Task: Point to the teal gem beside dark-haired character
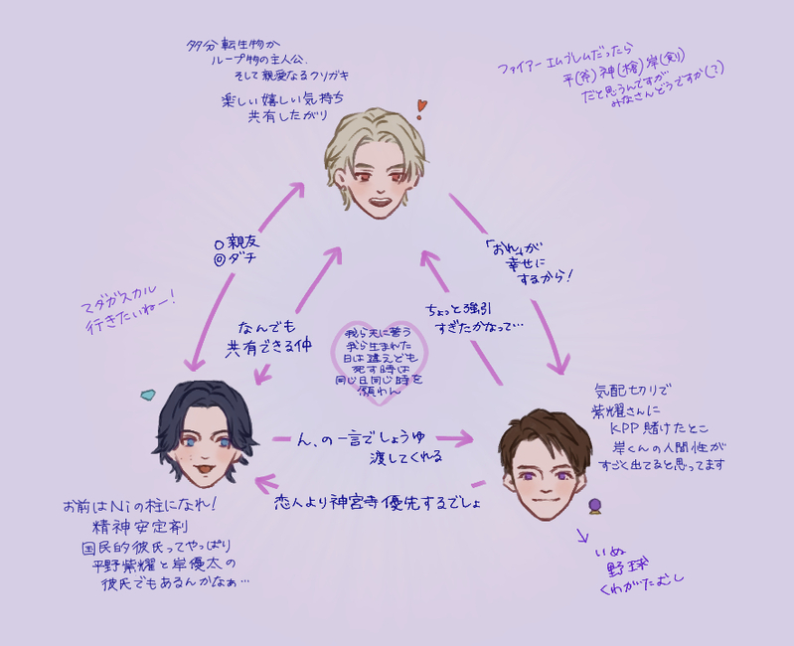point(148,395)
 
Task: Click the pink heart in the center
point(382,359)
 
